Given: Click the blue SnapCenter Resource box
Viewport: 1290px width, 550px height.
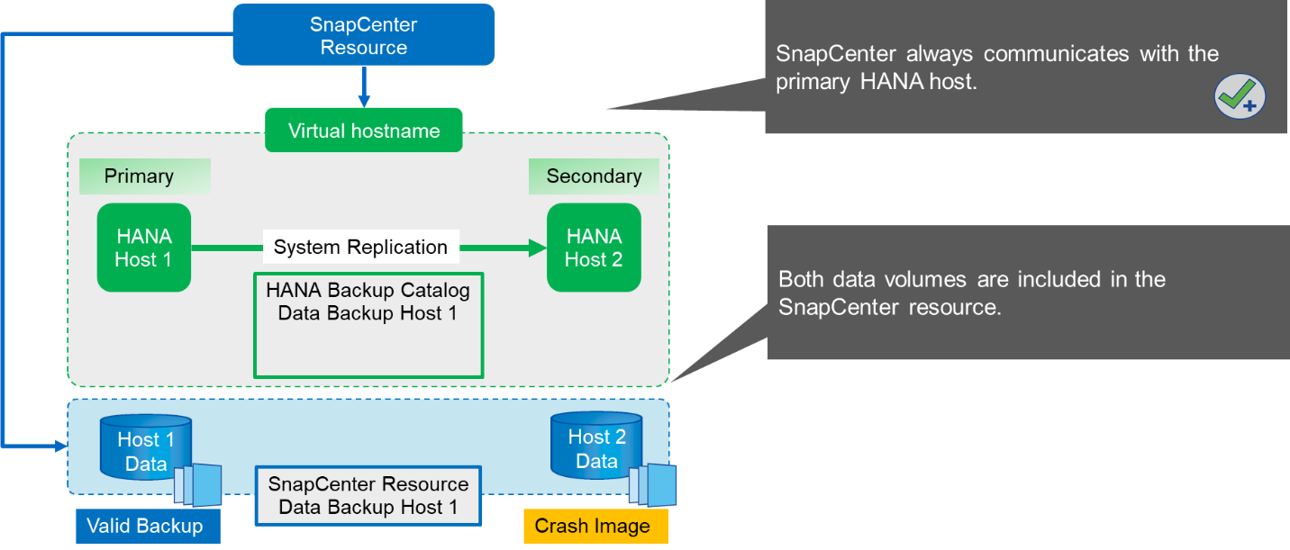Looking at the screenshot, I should (363, 35).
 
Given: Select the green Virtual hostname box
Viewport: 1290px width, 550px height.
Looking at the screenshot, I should (363, 131).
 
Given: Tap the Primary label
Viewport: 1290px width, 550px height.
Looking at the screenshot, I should (140, 176).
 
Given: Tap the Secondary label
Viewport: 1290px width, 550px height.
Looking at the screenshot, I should (594, 176).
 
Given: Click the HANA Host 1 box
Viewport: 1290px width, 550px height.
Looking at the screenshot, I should (143, 248).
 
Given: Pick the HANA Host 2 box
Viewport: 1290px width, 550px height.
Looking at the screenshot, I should (594, 248).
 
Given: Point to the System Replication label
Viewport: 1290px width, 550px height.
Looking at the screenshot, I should (360, 248).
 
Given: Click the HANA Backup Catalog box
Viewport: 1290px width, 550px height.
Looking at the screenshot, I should (368, 324).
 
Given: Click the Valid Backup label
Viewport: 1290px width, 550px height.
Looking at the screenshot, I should (145, 527).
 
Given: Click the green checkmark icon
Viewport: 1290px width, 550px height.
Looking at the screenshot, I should (1240, 96).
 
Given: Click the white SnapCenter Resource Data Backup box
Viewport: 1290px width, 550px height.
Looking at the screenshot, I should (368, 496).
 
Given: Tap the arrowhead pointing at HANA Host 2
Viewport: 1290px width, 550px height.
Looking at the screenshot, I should (538, 248).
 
